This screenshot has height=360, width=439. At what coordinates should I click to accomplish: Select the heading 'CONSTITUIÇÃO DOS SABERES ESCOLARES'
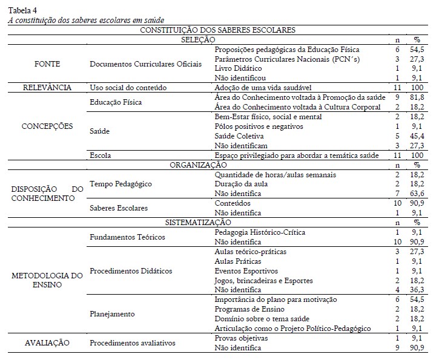pos(218,29)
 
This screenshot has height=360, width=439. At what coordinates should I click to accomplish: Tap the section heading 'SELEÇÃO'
pos(199,39)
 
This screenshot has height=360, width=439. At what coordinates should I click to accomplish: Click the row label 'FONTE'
pos(47,63)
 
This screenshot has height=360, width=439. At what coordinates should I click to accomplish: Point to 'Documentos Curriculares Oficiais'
pos(145,64)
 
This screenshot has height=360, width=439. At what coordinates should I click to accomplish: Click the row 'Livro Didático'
pos(240,68)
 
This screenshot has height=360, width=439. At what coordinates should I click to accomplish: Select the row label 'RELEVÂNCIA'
pos(47,88)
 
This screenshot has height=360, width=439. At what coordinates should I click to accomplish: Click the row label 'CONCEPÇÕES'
pos(47,126)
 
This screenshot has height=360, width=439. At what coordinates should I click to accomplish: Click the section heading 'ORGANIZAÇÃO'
pos(199,165)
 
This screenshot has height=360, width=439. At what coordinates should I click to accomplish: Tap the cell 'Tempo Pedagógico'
pos(120,183)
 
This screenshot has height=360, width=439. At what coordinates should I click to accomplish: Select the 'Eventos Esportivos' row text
pos(246,270)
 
